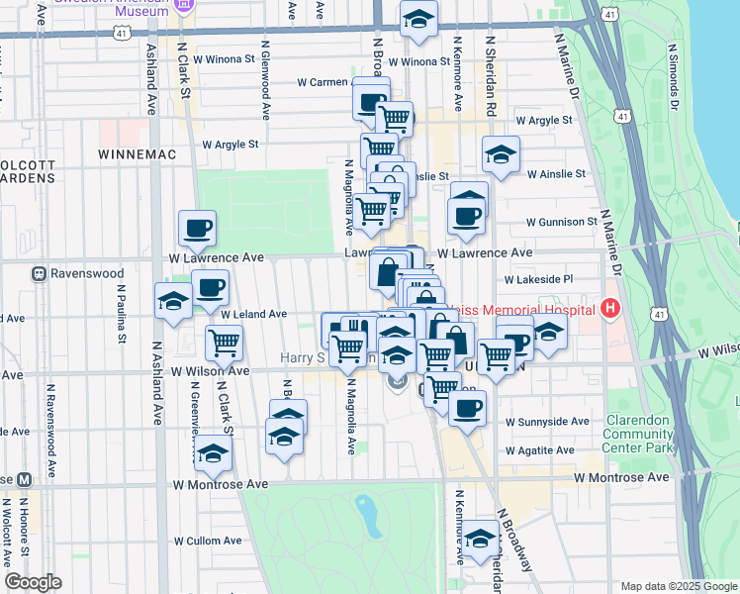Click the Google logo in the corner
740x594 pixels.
[x=33, y=582]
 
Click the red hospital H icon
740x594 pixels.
[x=609, y=309]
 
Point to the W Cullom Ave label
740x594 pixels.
[x=208, y=541]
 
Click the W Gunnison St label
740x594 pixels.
[x=561, y=222]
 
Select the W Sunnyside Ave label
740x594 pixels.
[x=547, y=421]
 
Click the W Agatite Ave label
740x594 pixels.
[x=539, y=449]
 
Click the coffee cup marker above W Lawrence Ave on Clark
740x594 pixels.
[x=197, y=228]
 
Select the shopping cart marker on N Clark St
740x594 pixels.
[x=225, y=344]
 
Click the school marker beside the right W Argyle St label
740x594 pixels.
[x=502, y=154]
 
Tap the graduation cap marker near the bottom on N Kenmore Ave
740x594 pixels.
[x=481, y=539]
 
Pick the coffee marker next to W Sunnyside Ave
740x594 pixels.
[x=467, y=407]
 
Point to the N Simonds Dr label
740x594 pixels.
[x=673, y=75]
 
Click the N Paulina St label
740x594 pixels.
[x=122, y=317]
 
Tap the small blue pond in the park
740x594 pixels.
[x=368, y=512]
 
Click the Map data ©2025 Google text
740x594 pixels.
[x=678, y=586]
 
